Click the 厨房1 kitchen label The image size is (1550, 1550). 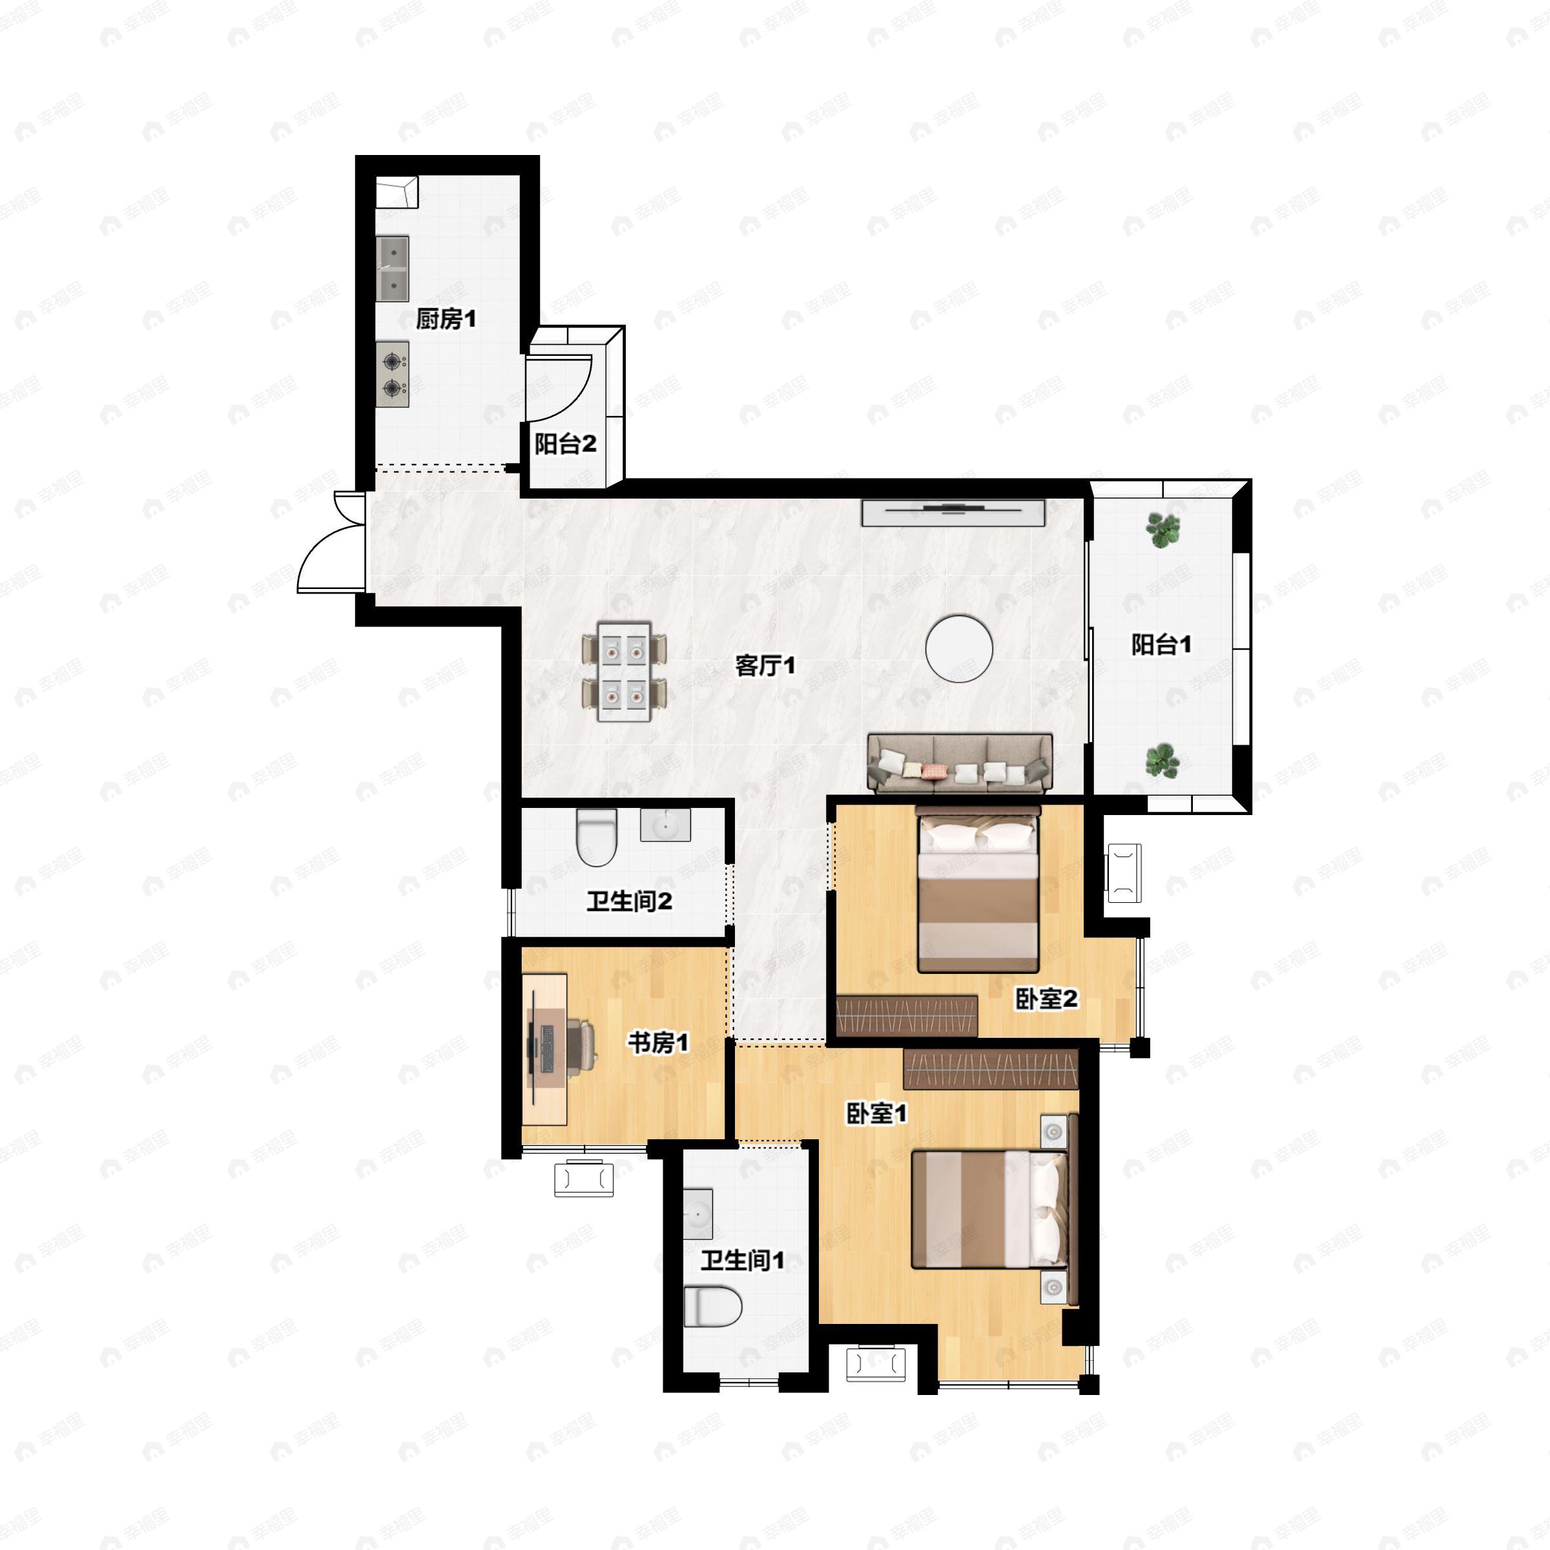point(446,319)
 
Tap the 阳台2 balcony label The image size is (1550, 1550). point(566,444)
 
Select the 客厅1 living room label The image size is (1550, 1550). point(765,665)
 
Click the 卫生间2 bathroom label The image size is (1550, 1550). point(630,901)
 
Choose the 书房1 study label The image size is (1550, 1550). point(658,1043)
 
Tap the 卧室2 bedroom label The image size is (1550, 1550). point(1047,999)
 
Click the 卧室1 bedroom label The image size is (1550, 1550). point(877,1113)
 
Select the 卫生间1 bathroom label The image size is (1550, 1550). point(743,1261)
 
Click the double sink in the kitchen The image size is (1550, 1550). point(393,268)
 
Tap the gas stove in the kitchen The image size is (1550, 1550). point(392,374)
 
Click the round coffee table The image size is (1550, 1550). point(958,648)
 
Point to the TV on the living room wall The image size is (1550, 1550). point(954,513)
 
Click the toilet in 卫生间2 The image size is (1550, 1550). point(597,838)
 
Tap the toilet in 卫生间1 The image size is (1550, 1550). point(712,1306)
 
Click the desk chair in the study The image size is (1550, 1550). point(582,1044)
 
